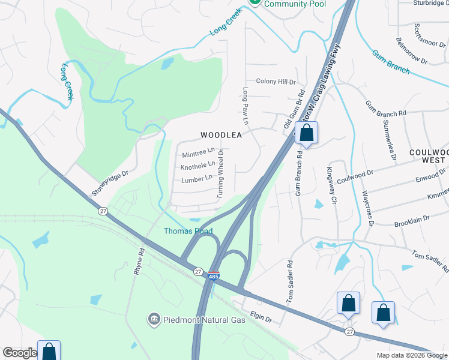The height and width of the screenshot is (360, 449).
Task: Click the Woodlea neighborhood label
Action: click(221, 135)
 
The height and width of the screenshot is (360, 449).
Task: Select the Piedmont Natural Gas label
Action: click(204, 319)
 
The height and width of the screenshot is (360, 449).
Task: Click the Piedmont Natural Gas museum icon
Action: click(154, 319)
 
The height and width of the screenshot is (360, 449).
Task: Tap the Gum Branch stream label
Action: click(391, 62)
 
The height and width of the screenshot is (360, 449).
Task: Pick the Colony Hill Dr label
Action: click(276, 82)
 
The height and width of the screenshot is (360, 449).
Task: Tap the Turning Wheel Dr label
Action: click(220, 174)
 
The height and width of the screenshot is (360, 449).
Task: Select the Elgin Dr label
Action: click(261, 319)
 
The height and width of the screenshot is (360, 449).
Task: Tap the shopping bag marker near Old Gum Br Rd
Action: click(306, 134)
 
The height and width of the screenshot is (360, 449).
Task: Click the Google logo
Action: click(20, 353)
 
